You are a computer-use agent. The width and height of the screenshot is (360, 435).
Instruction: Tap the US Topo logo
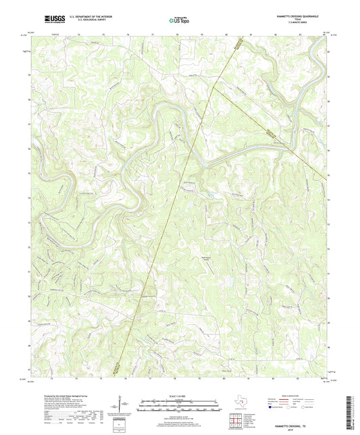click(180, 21)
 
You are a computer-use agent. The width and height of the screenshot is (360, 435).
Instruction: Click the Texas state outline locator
click(238, 404)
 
